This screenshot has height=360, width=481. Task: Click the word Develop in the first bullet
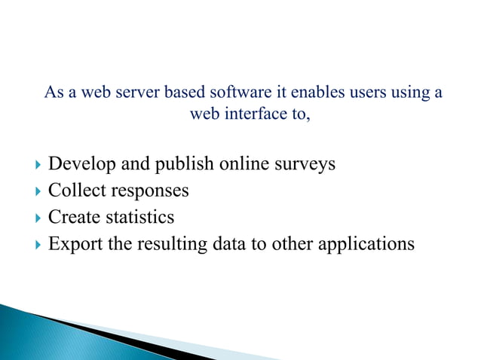click(x=78, y=164)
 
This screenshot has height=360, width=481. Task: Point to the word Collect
click(x=74, y=191)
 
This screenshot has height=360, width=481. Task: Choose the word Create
click(x=71, y=217)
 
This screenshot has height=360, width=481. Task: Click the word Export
click(x=72, y=244)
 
